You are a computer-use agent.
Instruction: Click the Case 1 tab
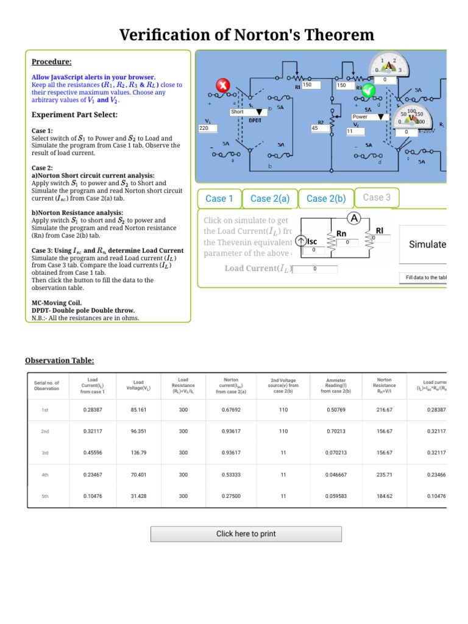click(219, 199)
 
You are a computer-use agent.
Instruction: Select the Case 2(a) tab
click(269, 199)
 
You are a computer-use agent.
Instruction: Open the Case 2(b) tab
click(326, 199)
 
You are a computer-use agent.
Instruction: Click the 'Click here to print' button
click(246, 534)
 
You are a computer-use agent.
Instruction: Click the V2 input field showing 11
click(356, 131)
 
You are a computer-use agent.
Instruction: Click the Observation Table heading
click(60, 361)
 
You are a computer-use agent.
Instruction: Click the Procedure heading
click(51, 62)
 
